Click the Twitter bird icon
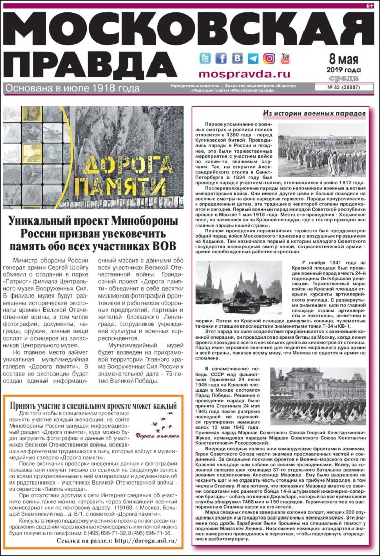[205, 58]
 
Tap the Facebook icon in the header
[221, 58]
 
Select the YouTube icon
[286, 58]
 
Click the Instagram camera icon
[270, 58]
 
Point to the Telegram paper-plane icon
[253, 58]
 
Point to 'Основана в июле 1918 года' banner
[72, 88]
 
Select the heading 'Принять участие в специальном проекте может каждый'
[93, 405]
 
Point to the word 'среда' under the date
[344, 78]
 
